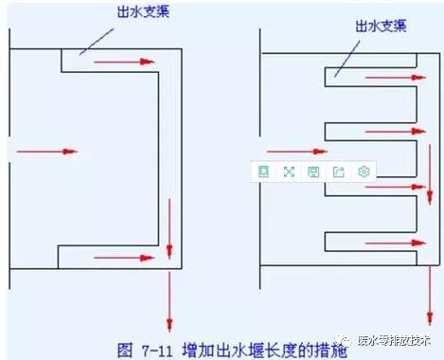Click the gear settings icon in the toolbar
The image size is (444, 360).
click(x=364, y=171)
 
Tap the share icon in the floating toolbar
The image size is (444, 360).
click(x=339, y=171)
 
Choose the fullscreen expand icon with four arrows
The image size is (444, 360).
click(x=289, y=171)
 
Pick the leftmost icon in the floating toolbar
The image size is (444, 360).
click(x=264, y=171)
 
